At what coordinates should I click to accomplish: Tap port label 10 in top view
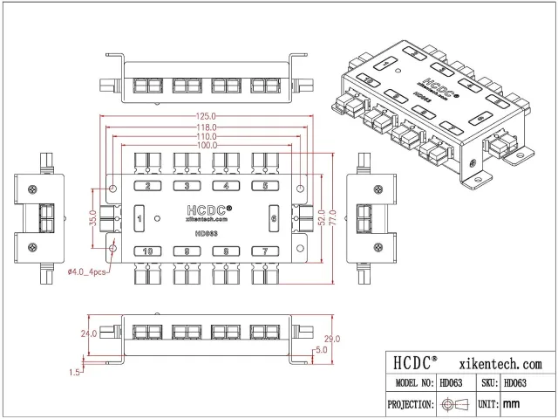click(148, 251)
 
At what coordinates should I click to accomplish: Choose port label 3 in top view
click(187, 186)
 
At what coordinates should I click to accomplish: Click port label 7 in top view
click(265, 251)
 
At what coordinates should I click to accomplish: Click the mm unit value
click(512, 404)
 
